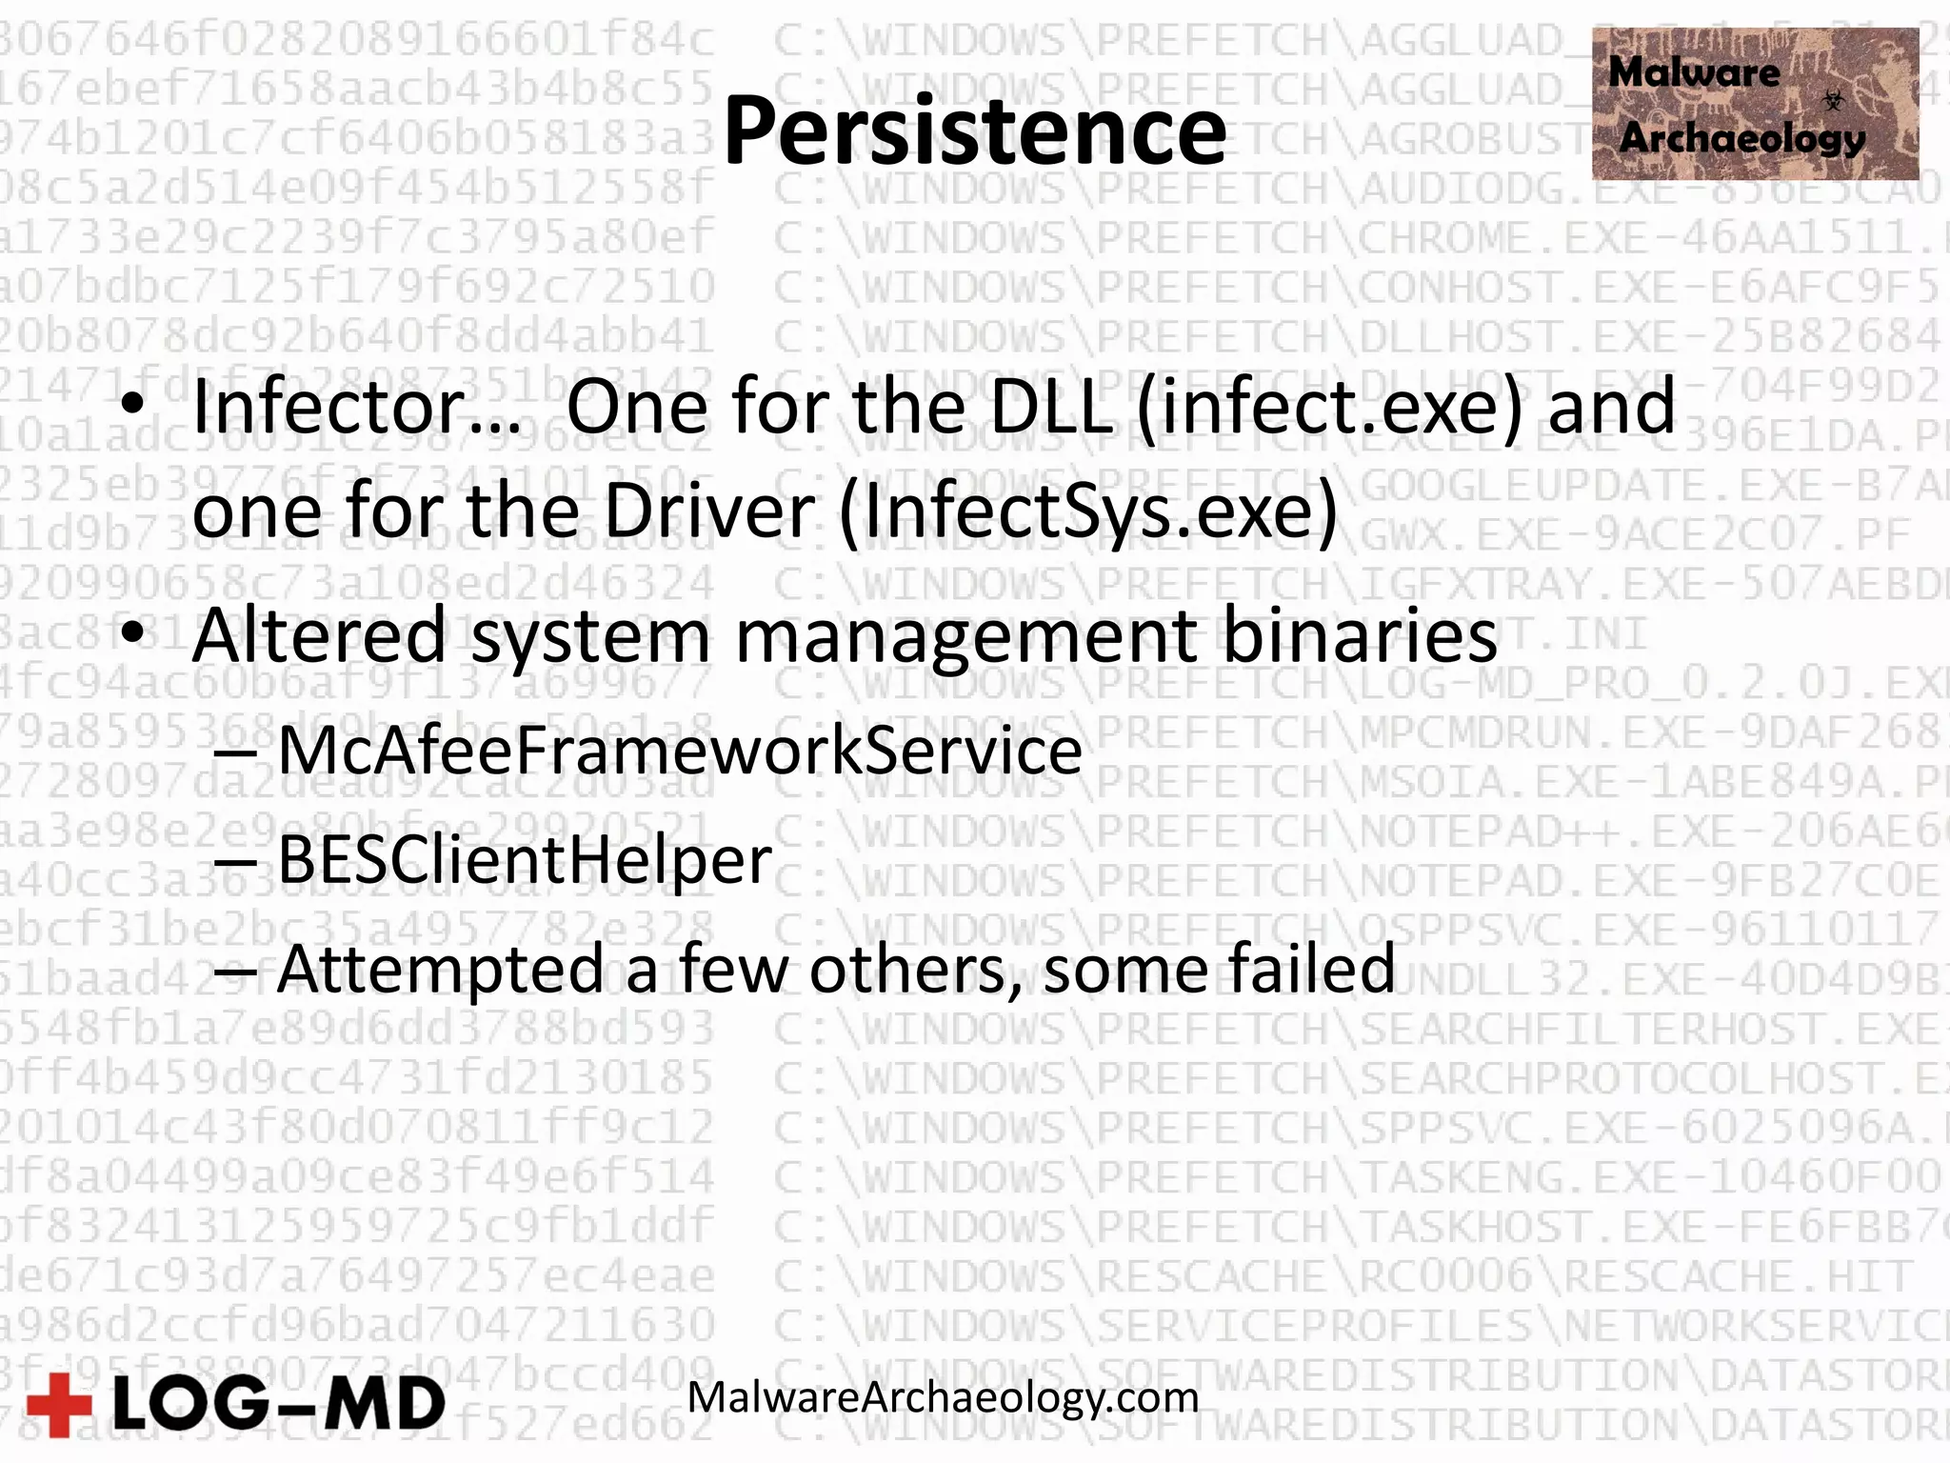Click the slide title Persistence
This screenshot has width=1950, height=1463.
pyautogui.click(x=974, y=130)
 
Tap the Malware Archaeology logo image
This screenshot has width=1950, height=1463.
pyautogui.click(x=1754, y=104)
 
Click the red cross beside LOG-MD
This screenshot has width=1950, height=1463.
pyautogui.click(x=59, y=1405)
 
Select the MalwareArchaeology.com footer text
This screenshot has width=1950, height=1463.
pyautogui.click(x=943, y=1397)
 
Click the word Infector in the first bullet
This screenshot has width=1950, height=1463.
pyautogui.click(x=355, y=407)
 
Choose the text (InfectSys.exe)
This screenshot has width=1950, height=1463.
pyautogui.click(x=1088, y=511)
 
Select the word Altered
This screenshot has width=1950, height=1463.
pyautogui.click(x=319, y=635)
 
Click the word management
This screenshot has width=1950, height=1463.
pyautogui.click(x=965, y=635)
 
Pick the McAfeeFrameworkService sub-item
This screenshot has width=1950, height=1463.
pyautogui.click(x=679, y=752)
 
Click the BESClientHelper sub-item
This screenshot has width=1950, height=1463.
pyautogui.click(x=524, y=860)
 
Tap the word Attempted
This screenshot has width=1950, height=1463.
pyautogui.click(x=441, y=969)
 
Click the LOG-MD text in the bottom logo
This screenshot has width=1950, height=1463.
pyautogui.click(x=278, y=1405)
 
